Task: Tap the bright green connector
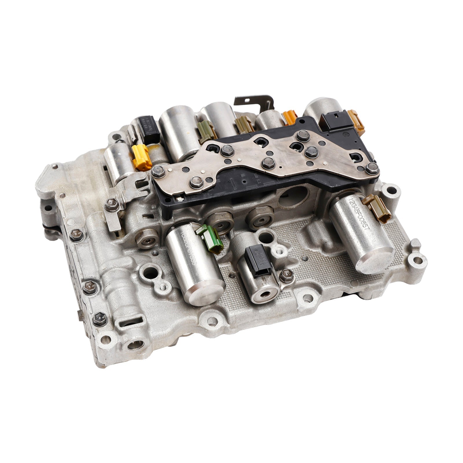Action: pyautogui.click(x=210, y=238)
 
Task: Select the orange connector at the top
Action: pyautogui.click(x=290, y=118)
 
